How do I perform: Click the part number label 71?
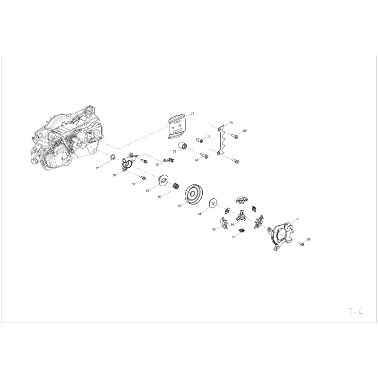pos(192,113)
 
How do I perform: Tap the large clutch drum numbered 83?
pos(193,194)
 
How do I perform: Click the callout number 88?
pos(298,219)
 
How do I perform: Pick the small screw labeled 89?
pos(301,244)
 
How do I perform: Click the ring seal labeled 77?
pos(113,157)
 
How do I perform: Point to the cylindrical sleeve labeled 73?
pos(183,146)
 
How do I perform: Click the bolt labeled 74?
pos(204,155)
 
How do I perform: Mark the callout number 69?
pos(245,131)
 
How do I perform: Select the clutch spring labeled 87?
pos(241,231)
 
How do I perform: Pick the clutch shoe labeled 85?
pos(224,223)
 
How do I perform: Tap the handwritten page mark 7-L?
pos(355,311)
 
